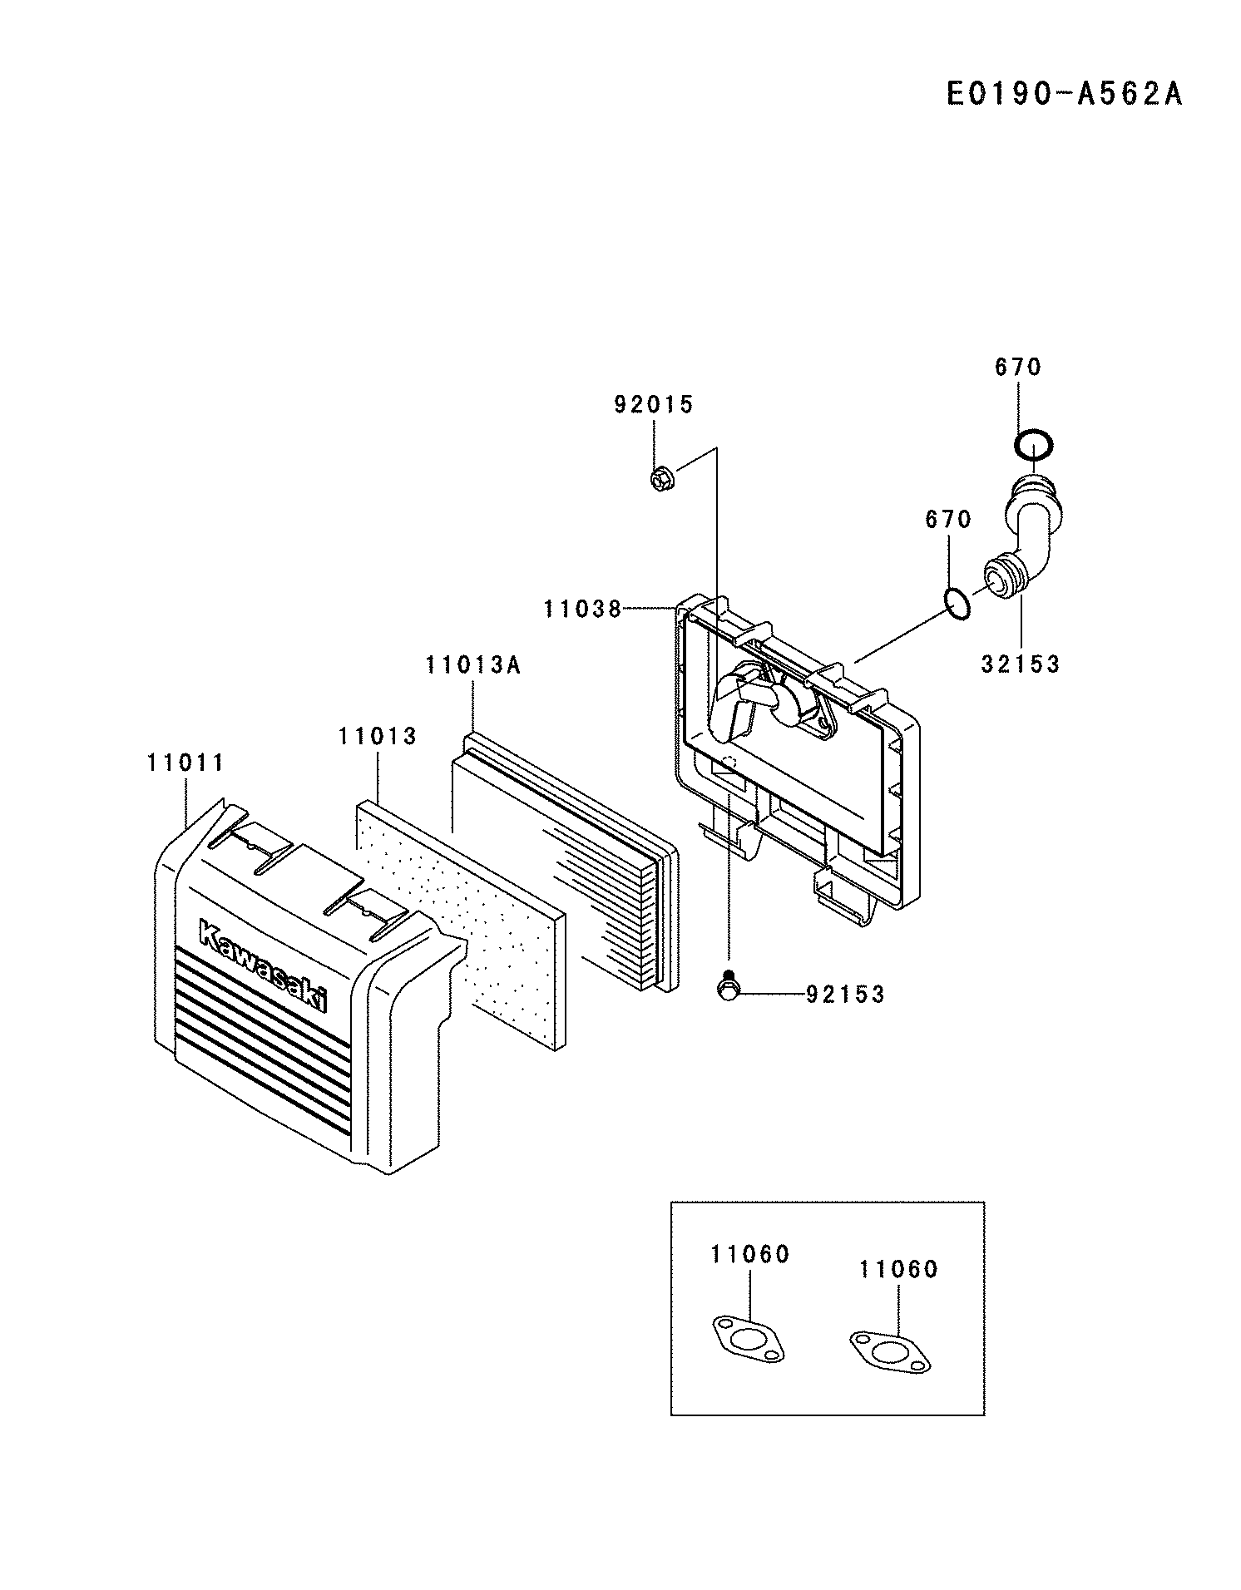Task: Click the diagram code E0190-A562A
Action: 1064,94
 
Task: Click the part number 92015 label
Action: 653,405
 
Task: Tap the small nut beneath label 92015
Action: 661,479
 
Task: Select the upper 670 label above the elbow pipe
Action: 1018,367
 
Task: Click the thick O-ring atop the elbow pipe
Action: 1034,446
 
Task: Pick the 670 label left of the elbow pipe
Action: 948,520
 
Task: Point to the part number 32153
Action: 1020,664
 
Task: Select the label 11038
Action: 582,610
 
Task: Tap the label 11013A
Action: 473,665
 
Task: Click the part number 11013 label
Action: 378,737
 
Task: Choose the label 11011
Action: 185,763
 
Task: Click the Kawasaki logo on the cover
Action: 263,965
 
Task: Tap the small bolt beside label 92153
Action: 728,987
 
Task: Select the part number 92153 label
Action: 844,995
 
